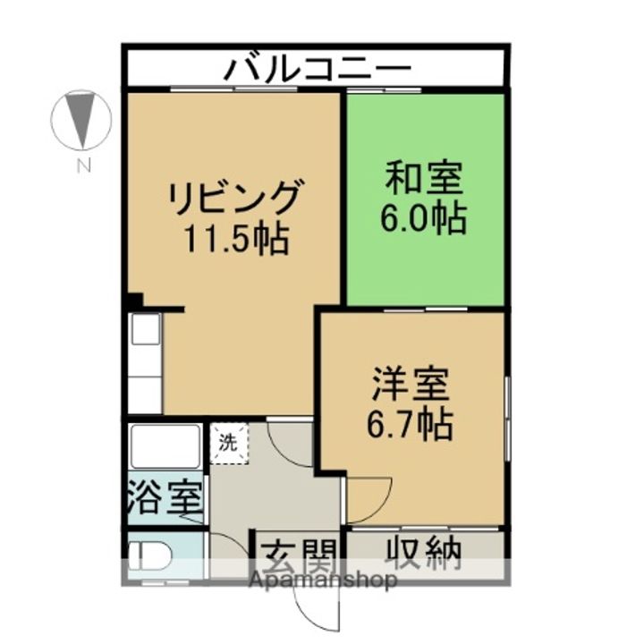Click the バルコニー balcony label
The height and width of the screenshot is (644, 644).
[x=318, y=68]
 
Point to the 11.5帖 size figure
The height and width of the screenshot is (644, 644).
[x=235, y=239]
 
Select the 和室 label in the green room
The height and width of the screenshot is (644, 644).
[x=423, y=178]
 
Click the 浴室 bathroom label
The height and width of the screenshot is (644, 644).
[x=165, y=496]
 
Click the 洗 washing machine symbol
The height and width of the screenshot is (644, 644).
[x=229, y=443]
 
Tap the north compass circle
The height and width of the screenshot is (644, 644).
[x=81, y=120]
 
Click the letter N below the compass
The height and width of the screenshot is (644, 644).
[x=82, y=165]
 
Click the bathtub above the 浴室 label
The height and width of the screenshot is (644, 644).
[x=165, y=446]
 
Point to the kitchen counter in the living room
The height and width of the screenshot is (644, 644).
[x=144, y=362]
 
